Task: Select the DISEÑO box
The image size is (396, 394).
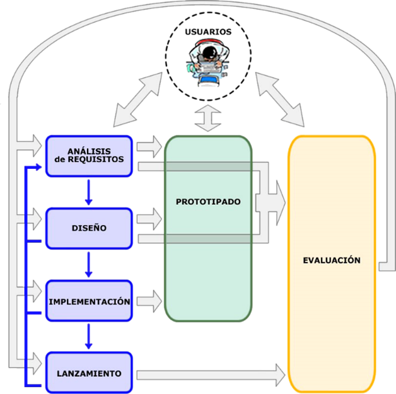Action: tap(88, 228)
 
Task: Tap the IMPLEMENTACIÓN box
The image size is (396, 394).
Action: tap(89, 301)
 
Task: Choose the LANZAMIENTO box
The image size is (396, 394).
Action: tap(88, 373)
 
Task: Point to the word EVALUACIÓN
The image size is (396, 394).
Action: tap(332, 260)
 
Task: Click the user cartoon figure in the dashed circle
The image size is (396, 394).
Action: tap(207, 61)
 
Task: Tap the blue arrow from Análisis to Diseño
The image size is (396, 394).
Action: tap(88, 192)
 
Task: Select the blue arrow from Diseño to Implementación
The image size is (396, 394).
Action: tap(88, 265)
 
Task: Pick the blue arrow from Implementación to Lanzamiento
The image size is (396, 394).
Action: tap(88, 337)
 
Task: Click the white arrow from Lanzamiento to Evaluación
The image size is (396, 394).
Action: tap(208, 374)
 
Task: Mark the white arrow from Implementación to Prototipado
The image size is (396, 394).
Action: tap(148, 301)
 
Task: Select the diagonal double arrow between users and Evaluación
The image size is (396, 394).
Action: tap(280, 98)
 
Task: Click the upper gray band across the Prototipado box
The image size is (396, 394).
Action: tap(208, 166)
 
